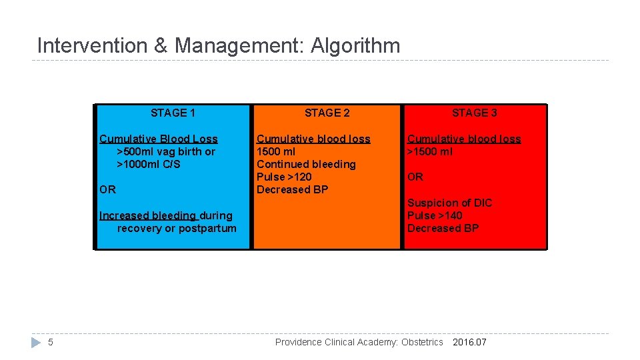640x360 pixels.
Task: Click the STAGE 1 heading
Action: click(173, 113)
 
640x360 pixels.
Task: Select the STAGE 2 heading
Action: click(327, 113)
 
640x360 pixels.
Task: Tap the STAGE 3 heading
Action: click(474, 113)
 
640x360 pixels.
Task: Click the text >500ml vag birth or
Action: click(166, 151)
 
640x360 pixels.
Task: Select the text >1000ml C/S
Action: click(149, 164)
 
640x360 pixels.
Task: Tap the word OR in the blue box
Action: click(107, 189)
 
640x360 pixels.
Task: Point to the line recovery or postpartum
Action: click(177, 228)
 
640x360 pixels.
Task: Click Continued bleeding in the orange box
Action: click(306, 164)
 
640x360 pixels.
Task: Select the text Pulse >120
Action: click(284, 177)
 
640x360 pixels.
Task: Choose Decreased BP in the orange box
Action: click(292, 189)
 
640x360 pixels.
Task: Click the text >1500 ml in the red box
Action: click(430, 151)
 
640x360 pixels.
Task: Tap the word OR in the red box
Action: click(415, 177)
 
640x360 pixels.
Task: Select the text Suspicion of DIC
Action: click(449, 203)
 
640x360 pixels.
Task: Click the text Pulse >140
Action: click(435, 215)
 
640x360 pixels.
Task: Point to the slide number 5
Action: click(51, 342)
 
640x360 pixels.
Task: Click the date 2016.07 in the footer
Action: click(469, 342)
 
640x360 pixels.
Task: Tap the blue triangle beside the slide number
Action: click(36, 342)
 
